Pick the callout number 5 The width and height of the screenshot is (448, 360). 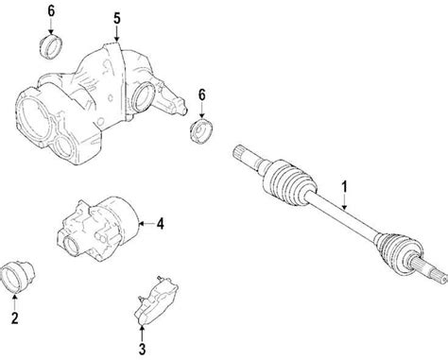(x=116, y=18)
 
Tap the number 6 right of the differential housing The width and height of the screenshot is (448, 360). (x=202, y=96)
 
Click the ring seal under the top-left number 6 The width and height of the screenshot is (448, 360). (x=51, y=44)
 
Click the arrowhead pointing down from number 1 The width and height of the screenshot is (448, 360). (x=345, y=205)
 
